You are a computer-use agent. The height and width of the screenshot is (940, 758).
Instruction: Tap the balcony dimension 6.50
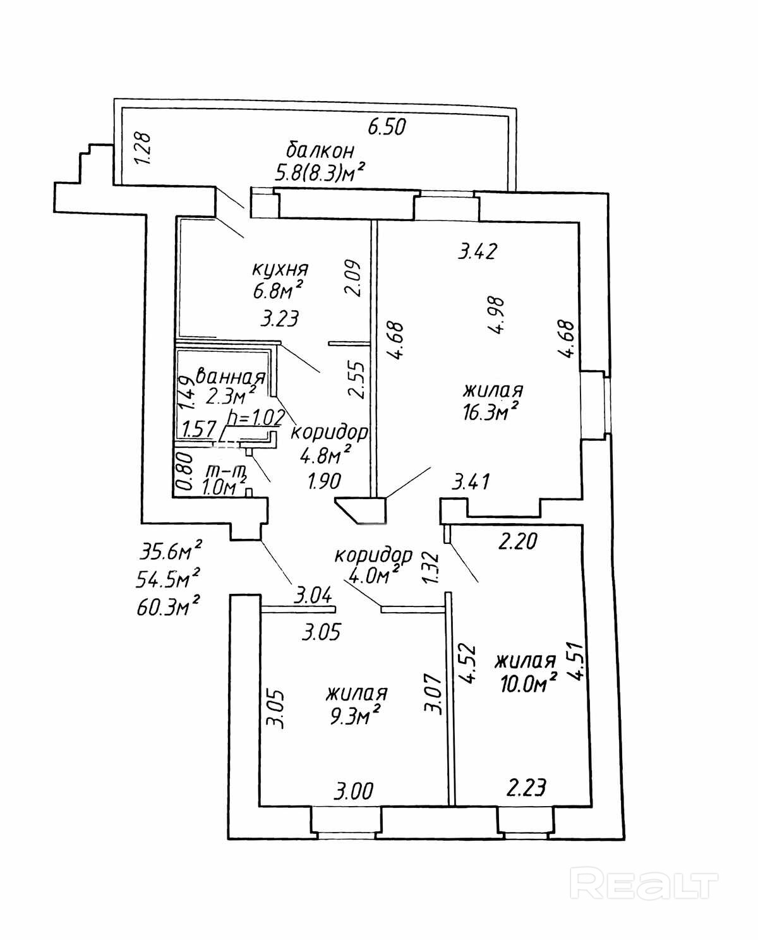click(x=387, y=127)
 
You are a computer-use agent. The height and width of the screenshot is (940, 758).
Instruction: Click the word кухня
click(x=280, y=270)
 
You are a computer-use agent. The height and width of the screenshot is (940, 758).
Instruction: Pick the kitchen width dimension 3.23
click(x=280, y=319)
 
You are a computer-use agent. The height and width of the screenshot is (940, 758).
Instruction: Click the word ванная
click(x=231, y=376)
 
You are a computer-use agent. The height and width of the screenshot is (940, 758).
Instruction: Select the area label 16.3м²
click(x=491, y=411)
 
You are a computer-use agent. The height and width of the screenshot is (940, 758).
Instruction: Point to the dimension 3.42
click(x=478, y=251)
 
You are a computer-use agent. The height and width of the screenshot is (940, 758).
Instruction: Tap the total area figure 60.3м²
click(x=169, y=606)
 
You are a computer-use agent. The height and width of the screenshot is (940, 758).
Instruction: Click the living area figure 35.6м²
click(x=171, y=553)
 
